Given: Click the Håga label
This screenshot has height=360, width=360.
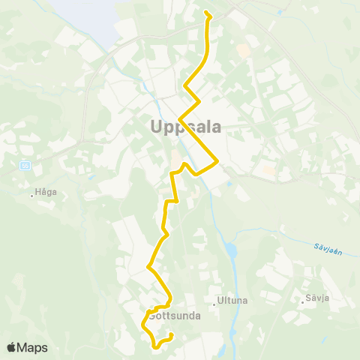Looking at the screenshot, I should point(46,192).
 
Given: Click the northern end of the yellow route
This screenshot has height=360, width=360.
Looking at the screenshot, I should point(205,13).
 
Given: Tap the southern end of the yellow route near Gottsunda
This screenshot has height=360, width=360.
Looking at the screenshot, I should point(172,334).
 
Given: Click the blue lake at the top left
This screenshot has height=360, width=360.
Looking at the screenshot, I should point(82,15).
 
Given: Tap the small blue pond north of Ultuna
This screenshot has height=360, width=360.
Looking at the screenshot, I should point(230,250).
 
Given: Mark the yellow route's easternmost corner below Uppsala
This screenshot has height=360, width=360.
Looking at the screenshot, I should point(217,160).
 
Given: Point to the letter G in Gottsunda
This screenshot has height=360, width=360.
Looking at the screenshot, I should point(154,316).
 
